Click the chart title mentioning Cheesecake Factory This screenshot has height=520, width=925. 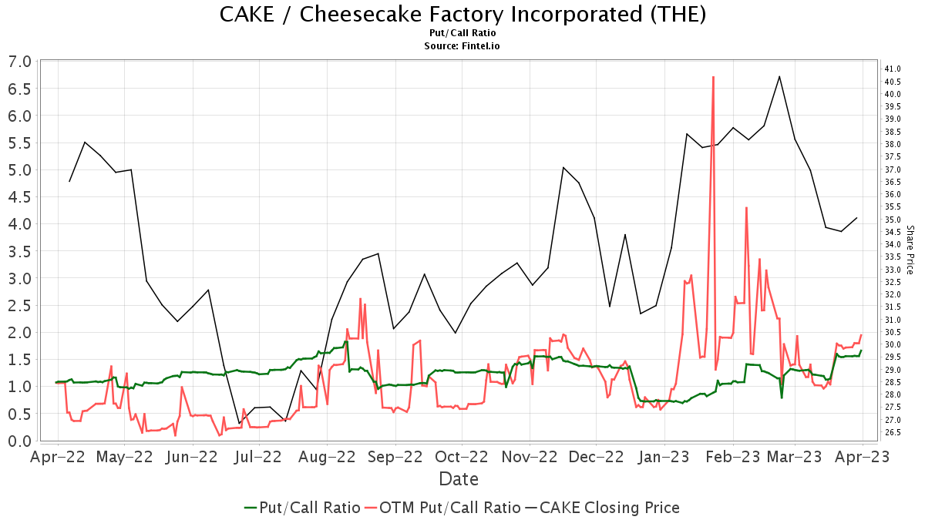(x=462, y=15)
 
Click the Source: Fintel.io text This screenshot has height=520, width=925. (x=462, y=46)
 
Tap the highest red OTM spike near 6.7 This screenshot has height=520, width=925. (x=714, y=77)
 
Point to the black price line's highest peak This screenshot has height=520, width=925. (x=779, y=76)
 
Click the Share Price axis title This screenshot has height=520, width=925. (x=910, y=250)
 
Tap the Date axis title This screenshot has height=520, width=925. (x=459, y=479)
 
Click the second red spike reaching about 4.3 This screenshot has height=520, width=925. (x=746, y=208)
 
